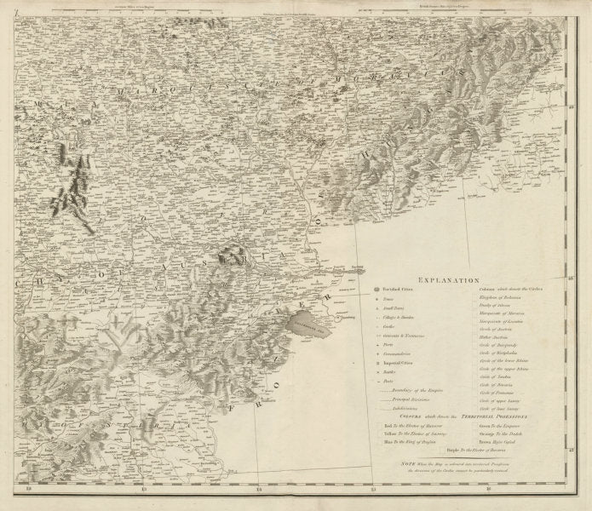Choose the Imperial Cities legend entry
(397, 361)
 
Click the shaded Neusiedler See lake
(313, 324)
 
